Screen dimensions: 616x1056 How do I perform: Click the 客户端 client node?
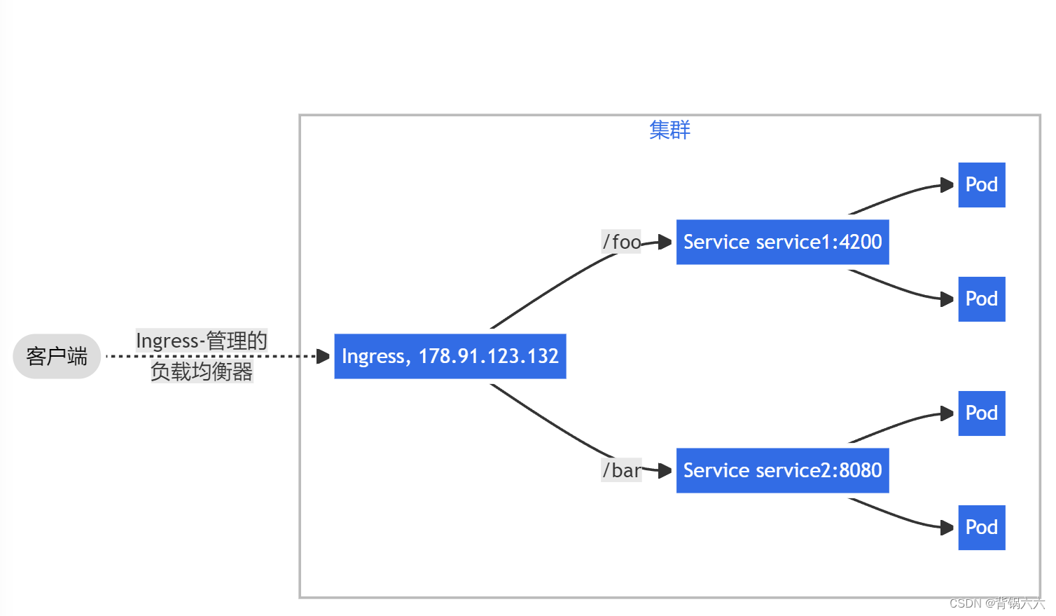[x=57, y=356]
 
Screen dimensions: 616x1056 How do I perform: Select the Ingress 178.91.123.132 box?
[x=450, y=356]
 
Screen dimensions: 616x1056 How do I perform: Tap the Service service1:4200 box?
[x=782, y=242]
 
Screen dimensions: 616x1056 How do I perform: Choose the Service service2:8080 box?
[x=782, y=470]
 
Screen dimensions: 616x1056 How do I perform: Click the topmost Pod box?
[x=981, y=185]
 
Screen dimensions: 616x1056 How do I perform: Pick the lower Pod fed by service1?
[x=981, y=299]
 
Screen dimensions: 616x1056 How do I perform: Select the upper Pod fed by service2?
[x=981, y=413]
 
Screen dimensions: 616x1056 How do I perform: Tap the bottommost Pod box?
[x=981, y=528]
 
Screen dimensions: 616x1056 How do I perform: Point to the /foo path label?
[x=621, y=242]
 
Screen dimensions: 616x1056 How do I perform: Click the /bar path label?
[x=621, y=470]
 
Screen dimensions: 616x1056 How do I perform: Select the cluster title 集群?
[x=669, y=130]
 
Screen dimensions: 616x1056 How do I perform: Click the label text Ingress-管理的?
[x=202, y=341]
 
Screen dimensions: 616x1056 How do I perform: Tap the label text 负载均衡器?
[x=202, y=371]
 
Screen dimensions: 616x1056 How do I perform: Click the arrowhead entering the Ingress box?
[x=323, y=356]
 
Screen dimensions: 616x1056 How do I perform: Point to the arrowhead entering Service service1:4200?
[x=665, y=242]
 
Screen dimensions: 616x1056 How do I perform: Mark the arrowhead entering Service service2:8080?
[x=665, y=471]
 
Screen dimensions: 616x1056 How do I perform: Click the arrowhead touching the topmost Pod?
[x=947, y=185]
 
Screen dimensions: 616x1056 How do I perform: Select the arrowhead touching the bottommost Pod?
[x=947, y=528]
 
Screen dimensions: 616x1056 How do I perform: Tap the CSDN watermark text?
[x=996, y=603]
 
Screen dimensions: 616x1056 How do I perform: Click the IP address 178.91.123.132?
[x=488, y=356]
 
